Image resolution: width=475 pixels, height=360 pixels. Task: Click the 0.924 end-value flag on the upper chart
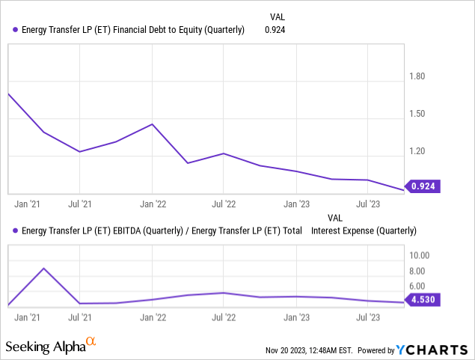point(423,186)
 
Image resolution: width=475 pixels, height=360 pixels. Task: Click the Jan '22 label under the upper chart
point(153,204)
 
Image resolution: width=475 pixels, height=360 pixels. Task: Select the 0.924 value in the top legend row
point(275,30)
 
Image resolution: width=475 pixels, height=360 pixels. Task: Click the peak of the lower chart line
point(44,268)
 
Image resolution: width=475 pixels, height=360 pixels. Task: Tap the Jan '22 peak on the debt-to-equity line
point(153,124)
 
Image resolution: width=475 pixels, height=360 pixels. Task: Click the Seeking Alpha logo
point(51,346)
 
